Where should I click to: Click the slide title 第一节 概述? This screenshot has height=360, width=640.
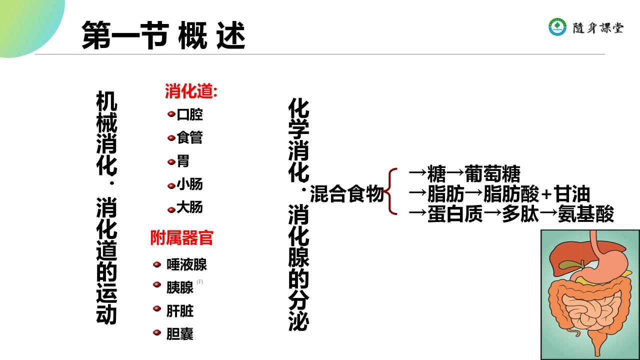(x=163, y=35)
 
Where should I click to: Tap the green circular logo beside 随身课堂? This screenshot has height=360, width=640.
(x=557, y=27)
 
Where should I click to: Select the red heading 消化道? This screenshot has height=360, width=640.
(x=191, y=91)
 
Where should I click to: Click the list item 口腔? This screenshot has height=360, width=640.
(x=190, y=114)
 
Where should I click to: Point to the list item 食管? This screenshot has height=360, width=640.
(x=190, y=137)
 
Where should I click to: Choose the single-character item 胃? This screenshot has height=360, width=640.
(x=183, y=161)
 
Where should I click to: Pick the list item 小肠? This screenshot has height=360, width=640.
(x=190, y=184)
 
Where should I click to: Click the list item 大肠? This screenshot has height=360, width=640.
(x=190, y=207)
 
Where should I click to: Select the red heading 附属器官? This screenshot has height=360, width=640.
(x=182, y=238)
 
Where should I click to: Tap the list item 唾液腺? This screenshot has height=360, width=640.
(x=186, y=264)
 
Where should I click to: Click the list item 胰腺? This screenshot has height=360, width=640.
(x=180, y=287)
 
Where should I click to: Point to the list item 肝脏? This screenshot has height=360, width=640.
(x=180, y=311)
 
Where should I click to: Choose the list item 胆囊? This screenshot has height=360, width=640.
(x=180, y=334)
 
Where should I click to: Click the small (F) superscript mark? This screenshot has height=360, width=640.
(x=200, y=281)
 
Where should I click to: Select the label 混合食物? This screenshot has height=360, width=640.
(x=346, y=194)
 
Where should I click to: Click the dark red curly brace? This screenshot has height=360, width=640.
(x=391, y=192)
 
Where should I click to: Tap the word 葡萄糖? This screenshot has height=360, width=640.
(x=492, y=174)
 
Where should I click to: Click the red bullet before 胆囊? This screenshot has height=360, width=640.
(x=157, y=332)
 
